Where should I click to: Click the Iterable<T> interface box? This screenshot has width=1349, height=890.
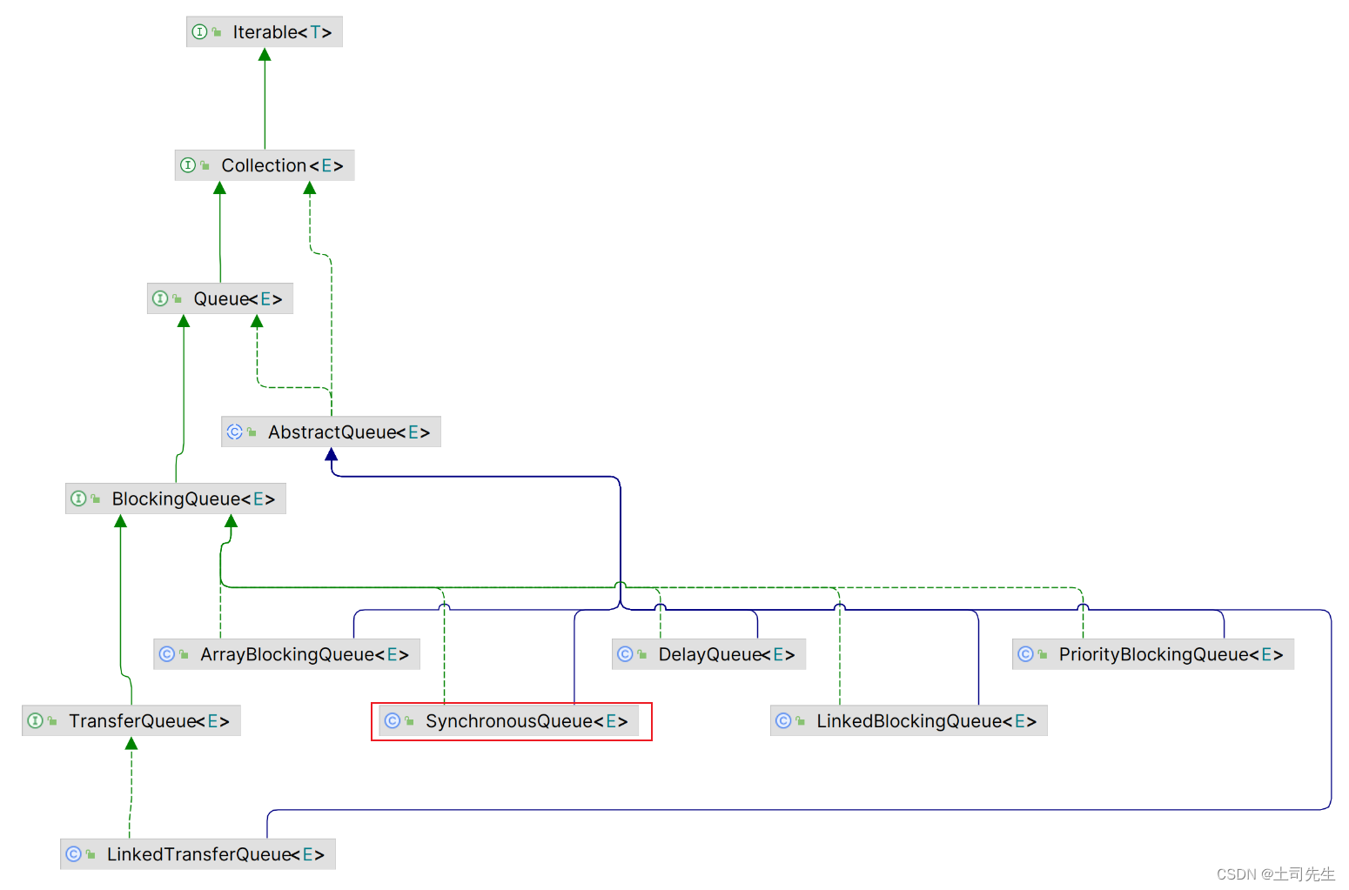pos(265,32)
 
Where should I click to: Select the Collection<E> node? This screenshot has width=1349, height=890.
pos(265,165)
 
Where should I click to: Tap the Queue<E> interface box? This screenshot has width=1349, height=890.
pos(220,298)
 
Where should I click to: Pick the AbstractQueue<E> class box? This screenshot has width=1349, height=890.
pos(331,432)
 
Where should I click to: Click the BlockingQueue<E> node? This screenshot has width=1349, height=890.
pos(176,499)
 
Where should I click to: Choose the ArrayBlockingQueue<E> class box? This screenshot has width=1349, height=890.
pos(287,654)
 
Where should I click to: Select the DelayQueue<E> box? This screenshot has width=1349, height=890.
pos(708,654)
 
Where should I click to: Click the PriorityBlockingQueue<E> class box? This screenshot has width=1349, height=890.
pos(1153,654)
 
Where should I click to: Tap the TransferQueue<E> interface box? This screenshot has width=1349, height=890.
pos(131,721)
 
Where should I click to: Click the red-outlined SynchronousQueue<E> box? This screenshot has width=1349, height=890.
pos(512,721)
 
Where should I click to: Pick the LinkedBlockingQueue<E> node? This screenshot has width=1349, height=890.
pos(909,721)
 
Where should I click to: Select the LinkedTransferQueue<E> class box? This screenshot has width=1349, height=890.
pos(198,854)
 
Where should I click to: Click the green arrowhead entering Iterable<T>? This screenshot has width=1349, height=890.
pos(265,55)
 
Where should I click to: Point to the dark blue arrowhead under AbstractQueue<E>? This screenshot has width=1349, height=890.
pos(331,454)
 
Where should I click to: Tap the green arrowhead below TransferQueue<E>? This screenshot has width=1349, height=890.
pos(131,743)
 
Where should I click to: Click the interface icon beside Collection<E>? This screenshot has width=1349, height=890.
pos(188,165)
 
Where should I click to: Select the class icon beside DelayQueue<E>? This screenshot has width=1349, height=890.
pos(625,654)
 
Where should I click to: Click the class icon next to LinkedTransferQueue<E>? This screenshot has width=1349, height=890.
pos(74,854)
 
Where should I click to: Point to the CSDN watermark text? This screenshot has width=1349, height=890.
pos(1275,874)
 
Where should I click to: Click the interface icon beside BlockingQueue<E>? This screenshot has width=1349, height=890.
pos(78,499)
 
